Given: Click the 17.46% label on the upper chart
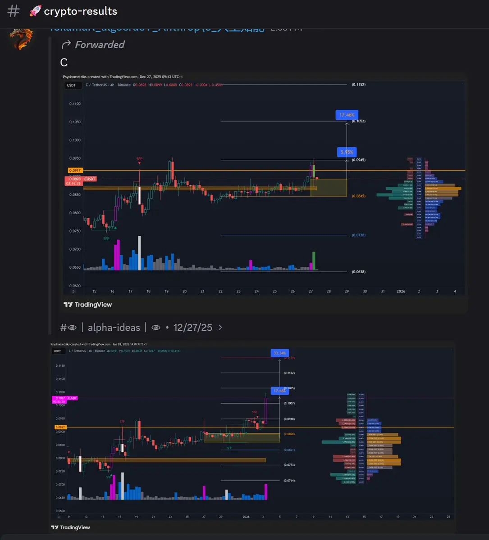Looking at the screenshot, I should click(x=347, y=115).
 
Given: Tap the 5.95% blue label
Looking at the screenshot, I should click(x=347, y=152).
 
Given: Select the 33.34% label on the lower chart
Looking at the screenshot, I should click(x=279, y=353).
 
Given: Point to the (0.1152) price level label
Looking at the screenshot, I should click(x=359, y=85).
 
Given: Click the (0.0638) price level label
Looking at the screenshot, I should click(x=359, y=272).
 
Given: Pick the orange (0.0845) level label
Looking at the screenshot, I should click(x=359, y=196).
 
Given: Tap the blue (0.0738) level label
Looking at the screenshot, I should click(x=359, y=235).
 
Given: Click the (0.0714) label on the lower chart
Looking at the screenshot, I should click(x=289, y=481).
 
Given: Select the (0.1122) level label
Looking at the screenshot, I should click(x=289, y=373).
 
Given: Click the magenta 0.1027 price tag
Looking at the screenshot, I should click(x=59, y=398).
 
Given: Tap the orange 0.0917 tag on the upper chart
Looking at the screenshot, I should click(x=74, y=171).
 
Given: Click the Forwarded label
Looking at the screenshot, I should click(x=99, y=45).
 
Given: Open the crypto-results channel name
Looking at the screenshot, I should click(x=80, y=11).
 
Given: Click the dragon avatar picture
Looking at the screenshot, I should click(x=22, y=38).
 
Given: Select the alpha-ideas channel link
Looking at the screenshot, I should click(x=114, y=328).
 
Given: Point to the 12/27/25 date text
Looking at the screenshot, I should click(x=192, y=328).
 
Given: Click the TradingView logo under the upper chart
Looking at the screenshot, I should click(x=88, y=305).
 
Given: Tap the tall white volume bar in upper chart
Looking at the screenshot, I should click(x=139, y=253).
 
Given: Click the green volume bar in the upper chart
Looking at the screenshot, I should click(x=314, y=261).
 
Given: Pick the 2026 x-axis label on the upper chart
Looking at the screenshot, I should click(x=401, y=292).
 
